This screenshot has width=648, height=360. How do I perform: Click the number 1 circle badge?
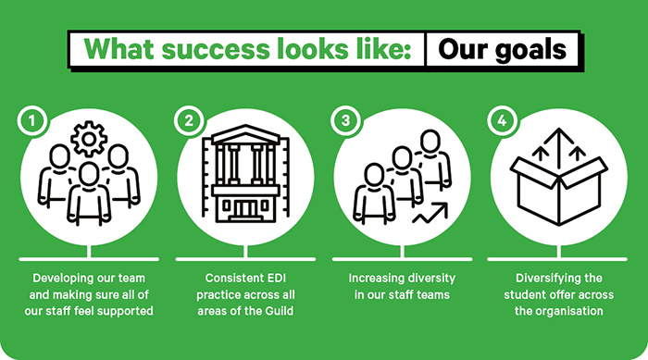tap(32, 121)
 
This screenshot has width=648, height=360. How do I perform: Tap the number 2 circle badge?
tap(189, 121)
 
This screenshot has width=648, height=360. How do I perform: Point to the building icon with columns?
tap(245, 176)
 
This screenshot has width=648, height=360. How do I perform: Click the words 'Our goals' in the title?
tap(504, 49)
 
